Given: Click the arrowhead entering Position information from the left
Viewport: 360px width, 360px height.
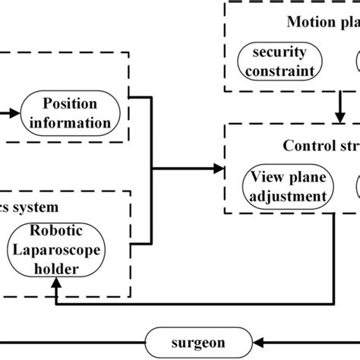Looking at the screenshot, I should tap(17, 115).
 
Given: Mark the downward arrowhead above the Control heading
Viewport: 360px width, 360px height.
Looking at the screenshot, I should tap(340, 117).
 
